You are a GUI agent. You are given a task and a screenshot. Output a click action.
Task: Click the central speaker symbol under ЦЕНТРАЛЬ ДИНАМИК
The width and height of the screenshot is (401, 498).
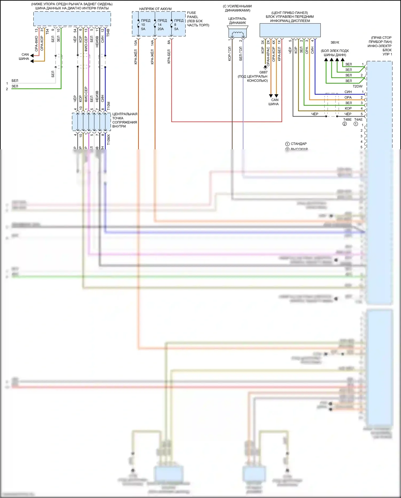coord(237,33)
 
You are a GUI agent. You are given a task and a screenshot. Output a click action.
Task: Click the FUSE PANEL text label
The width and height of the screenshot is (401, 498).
coord(192,15)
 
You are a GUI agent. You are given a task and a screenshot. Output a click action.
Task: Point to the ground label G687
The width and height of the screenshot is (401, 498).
coord(263,72)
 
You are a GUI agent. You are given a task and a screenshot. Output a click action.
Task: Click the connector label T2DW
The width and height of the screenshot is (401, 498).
coord(357,86)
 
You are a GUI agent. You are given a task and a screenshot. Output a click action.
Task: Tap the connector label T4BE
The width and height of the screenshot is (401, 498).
coord(347,120)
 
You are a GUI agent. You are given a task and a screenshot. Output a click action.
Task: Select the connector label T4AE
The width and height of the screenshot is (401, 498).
coord(358,120)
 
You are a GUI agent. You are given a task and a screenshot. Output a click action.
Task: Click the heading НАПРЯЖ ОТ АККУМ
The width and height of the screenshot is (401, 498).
coord(155,9)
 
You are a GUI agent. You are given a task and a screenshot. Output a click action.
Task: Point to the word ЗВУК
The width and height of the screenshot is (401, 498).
coord(335,43)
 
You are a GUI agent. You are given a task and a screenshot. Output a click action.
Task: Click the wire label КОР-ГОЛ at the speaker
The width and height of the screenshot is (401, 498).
coord(230,54)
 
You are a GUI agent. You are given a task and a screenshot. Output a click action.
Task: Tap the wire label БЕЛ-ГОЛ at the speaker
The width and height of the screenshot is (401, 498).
coord(241,54)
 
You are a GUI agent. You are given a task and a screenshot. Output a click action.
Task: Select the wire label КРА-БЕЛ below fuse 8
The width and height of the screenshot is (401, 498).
coord(169,56)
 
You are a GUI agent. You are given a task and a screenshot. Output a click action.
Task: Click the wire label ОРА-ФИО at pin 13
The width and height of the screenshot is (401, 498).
coord(36,44)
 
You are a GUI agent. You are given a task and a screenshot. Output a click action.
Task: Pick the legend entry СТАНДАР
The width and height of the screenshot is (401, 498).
coord(299,144)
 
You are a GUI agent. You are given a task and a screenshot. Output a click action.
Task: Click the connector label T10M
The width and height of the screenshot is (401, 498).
coord(109,106)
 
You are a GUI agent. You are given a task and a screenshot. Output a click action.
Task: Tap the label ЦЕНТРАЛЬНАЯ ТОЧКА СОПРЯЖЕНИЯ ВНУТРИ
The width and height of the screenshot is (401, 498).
coord(125,120)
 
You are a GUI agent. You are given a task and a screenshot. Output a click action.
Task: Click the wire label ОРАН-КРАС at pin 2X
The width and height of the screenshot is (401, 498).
coord(268,57)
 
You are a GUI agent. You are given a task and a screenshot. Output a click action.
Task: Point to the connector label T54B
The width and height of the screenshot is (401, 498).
coord(108,32)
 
